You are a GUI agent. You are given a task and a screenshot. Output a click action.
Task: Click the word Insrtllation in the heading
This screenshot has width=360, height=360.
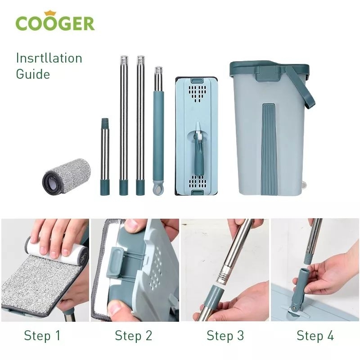tap(49, 58)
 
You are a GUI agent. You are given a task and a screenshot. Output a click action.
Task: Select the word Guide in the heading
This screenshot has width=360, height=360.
tap(33, 74)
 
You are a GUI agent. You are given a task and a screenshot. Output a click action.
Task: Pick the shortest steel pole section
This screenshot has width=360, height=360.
tap(105, 157)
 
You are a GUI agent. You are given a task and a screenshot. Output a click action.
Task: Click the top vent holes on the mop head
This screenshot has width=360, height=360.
tap(198, 94)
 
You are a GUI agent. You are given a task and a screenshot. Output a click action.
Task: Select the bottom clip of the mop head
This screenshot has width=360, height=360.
tap(197, 193)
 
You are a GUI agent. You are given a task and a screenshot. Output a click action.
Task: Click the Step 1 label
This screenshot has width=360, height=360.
tap(42, 335)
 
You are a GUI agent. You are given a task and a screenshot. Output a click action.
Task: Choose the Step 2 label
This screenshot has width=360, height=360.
tap(133, 335)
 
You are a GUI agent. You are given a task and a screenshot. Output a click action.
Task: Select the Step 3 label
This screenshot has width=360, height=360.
tap(225, 335)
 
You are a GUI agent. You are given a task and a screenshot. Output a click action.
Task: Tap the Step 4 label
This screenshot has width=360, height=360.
tap(315, 335)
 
